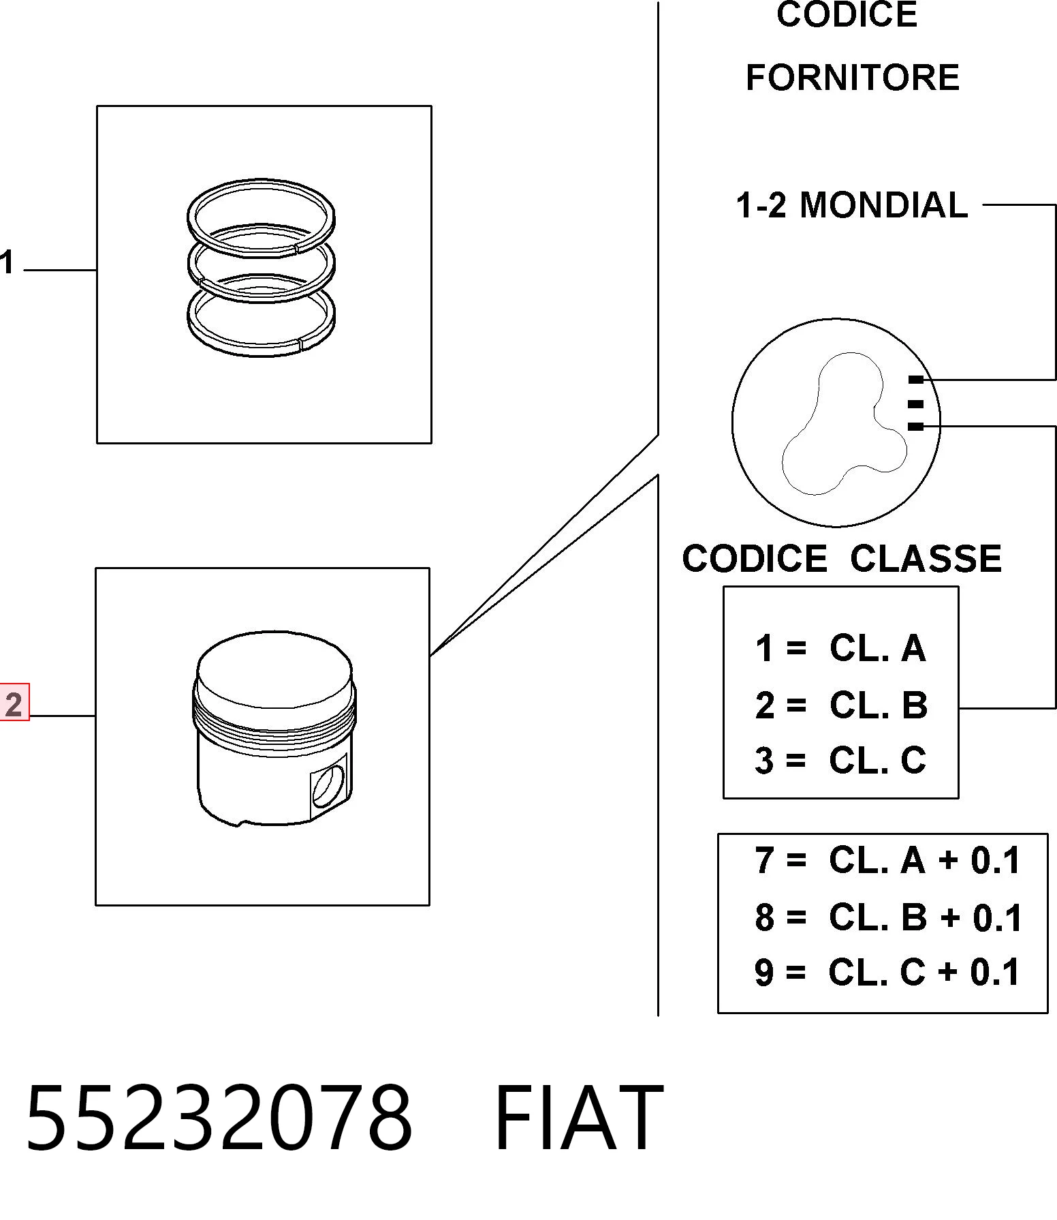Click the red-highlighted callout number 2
(x=14, y=703)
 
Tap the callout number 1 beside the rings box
(x=7, y=262)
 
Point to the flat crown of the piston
(x=274, y=671)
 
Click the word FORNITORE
(x=852, y=77)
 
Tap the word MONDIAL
(x=883, y=204)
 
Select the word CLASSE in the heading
(x=925, y=558)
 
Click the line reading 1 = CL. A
(x=840, y=647)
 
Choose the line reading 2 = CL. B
(x=841, y=705)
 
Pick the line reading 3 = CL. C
(x=840, y=760)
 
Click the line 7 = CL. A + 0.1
(x=887, y=859)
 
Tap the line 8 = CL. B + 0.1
(x=888, y=917)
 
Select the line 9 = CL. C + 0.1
(x=887, y=971)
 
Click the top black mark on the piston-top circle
(x=916, y=380)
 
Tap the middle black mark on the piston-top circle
(x=916, y=403)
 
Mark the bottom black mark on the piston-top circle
(x=916, y=427)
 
